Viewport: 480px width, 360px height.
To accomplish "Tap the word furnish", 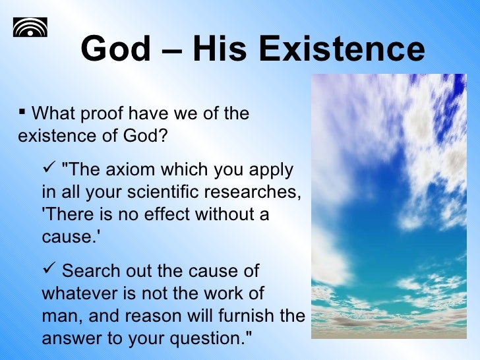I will click(251, 316).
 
